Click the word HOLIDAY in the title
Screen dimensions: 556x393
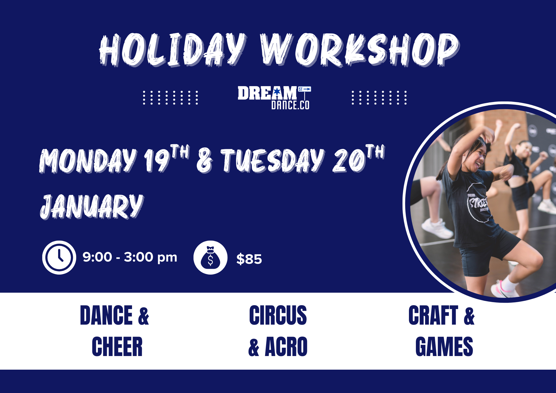pyautogui.click(x=173, y=50)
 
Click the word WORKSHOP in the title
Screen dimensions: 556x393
pyautogui.click(x=359, y=50)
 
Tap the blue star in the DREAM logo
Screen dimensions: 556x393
pyautogui.click(x=277, y=91)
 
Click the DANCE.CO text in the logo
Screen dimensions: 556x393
pyautogui.click(x=290, y=105)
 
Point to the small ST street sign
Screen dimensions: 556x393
pyautogui.click(x=304, y=89)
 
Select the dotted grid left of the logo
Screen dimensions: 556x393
pyautogui.click(x=170, y=98)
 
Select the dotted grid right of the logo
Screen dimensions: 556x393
pyautogui.click(x=379, y=98)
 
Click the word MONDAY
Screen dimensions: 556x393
pyautogui.click(x=88, y=160)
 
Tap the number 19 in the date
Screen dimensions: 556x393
pyautogui.click(x=157, y=160)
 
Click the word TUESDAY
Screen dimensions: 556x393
pyautogui.click(x=272, y=160)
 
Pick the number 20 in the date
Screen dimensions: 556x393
pyautogui.click(x=349, y=160)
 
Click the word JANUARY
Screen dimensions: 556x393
pyautogui.click(x=92, y=206)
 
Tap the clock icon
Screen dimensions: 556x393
pyautogui.click(x=59, y=257)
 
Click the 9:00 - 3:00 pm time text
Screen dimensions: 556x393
pyautogui.click(x=130, y=257)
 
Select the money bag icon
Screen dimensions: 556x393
pyautogui.click(x=210, y=257)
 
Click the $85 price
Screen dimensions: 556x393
pyautogui.click(x=249, y=259)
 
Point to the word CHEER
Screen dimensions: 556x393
pyautogui.click(x=117, y=347)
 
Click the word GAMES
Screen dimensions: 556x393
pyautogui.click(x=444, y=347)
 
